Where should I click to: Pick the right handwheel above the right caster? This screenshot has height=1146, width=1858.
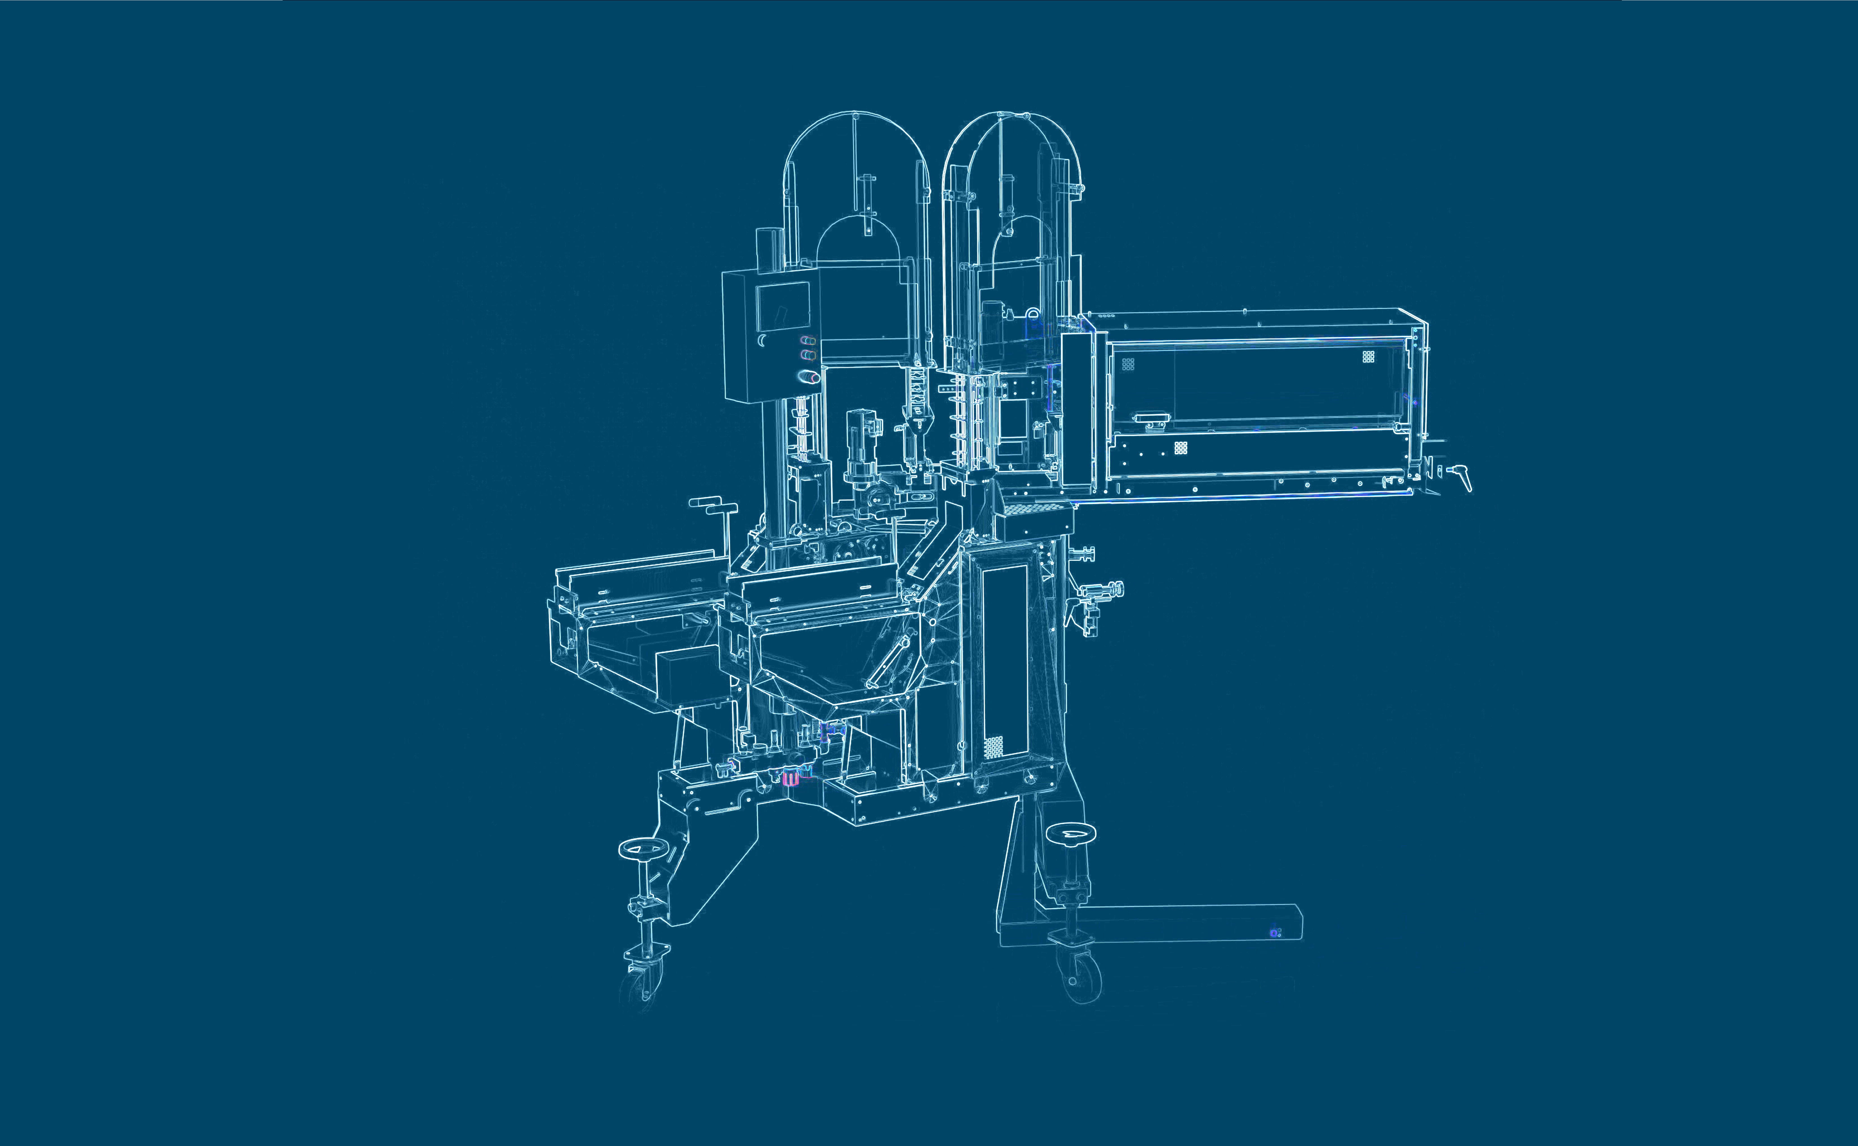[x=1070, y=833]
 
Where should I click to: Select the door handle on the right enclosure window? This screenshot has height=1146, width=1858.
[x=1149, y=418]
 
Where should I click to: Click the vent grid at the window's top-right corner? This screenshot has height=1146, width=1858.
[x=1368, y=356]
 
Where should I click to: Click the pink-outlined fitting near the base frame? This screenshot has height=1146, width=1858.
[x=790, y=777]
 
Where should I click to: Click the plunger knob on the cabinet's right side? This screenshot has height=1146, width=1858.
[x=1114, y=588]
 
